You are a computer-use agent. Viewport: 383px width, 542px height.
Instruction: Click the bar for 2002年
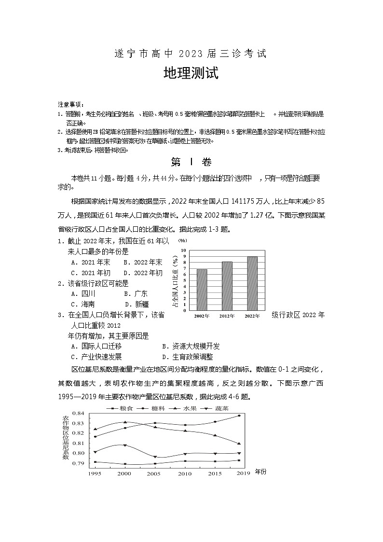[x=202, y=290]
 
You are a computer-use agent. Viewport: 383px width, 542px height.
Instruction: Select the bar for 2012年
[x=227, y=286]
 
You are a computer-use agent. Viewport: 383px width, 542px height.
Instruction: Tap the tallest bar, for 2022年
[x=252, y=283]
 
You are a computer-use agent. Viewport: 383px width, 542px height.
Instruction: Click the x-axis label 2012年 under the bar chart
[x=227, y=316]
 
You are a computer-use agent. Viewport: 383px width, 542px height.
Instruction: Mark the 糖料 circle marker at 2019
[x=239, y=416]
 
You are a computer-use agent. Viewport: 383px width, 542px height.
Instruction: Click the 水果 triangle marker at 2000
[x=124, y=422]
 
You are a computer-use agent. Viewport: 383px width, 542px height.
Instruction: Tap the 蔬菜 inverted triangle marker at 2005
[x=155, y=457]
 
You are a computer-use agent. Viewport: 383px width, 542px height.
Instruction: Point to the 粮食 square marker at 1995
[x=95, y=462]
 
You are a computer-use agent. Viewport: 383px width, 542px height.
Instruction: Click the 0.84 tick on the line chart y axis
[x=78, y=414]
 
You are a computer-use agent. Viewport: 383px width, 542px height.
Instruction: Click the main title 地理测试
[x=191, y=73]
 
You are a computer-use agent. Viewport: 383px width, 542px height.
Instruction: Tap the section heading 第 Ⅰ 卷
[x=191, y=162]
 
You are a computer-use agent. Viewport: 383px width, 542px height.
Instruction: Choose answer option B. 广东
[x=136, y=293]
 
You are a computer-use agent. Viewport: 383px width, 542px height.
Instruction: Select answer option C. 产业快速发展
[x=96, y=357]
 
